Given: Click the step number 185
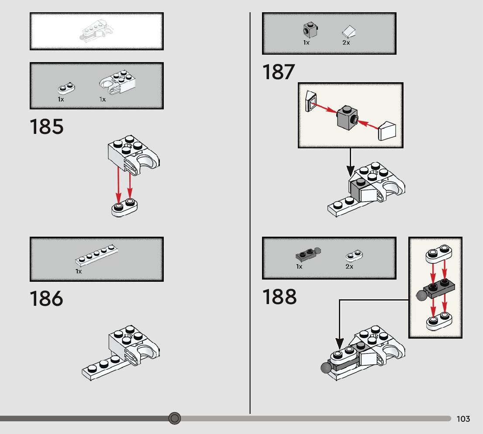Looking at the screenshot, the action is (x=47, y=127).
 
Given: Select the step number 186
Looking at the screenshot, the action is (x=46, y=299).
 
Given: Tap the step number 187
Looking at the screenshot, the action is (x=279, y=72).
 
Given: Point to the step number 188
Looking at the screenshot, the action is (x=279, y=297).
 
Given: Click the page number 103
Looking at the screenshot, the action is (x=463, y=419).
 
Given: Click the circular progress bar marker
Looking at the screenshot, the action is (x=175, y=418).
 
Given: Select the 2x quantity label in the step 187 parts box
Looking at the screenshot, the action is (x=346, y=43).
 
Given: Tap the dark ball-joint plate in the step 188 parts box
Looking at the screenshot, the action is (x=307, y=254).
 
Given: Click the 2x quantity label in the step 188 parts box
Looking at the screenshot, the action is (x=349, y=266).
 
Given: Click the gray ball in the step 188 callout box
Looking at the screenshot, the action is (x=422, y=296).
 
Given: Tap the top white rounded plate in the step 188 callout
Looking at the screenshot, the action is (x=438, y=254).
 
